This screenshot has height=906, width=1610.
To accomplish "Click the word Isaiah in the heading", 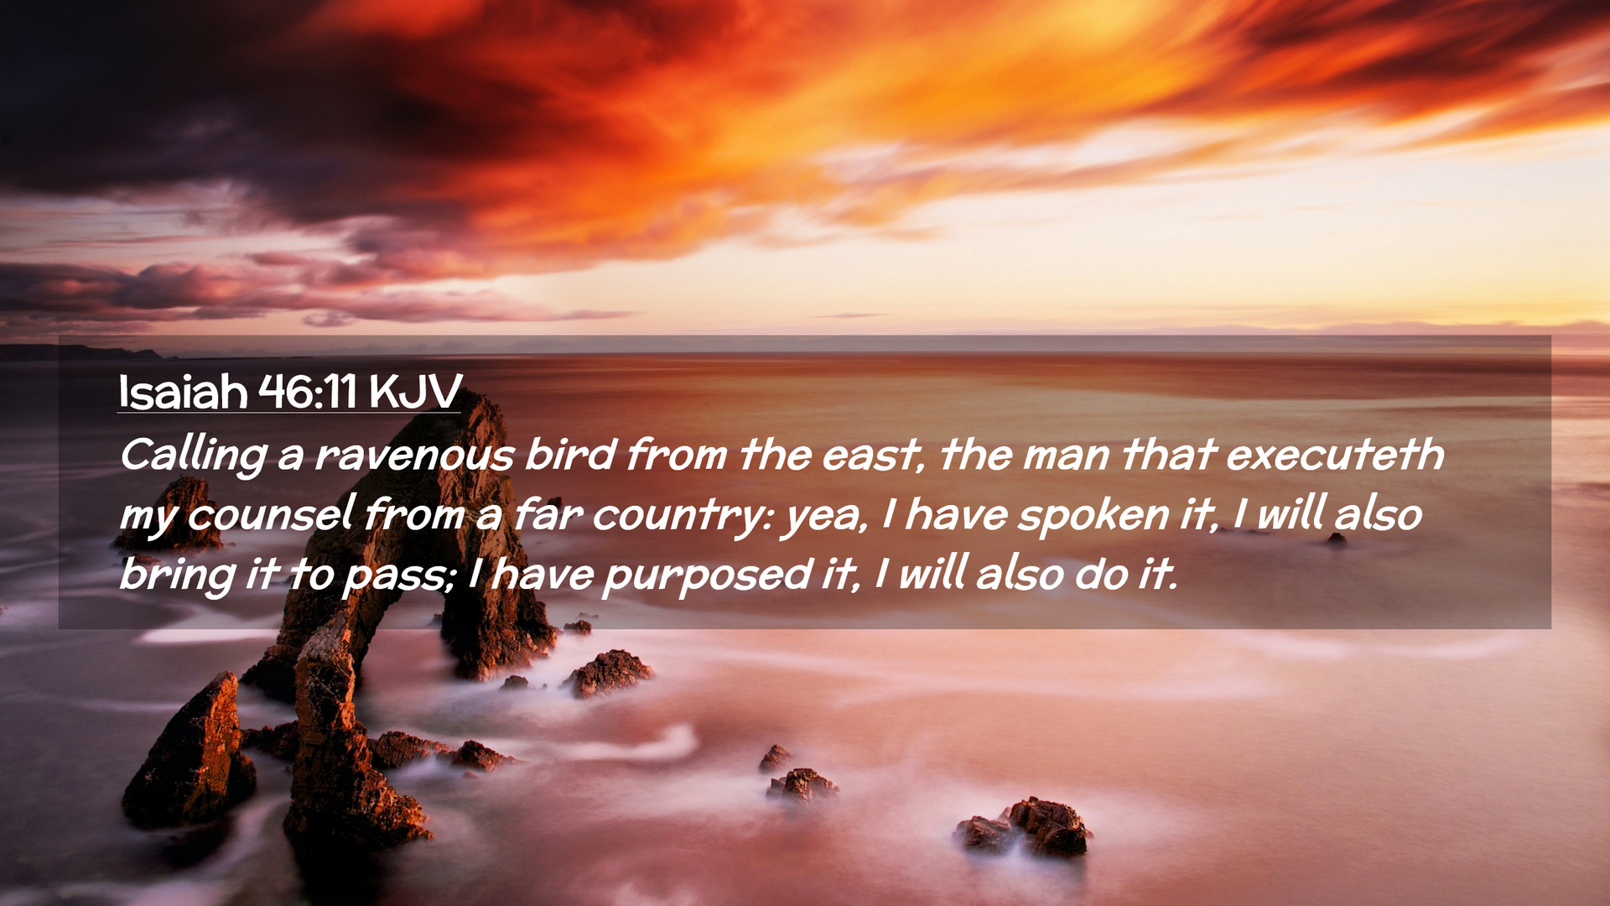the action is (183, 391).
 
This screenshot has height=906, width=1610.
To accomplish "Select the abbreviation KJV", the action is (414, 391).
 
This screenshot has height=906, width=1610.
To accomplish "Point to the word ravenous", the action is (414, 456).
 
